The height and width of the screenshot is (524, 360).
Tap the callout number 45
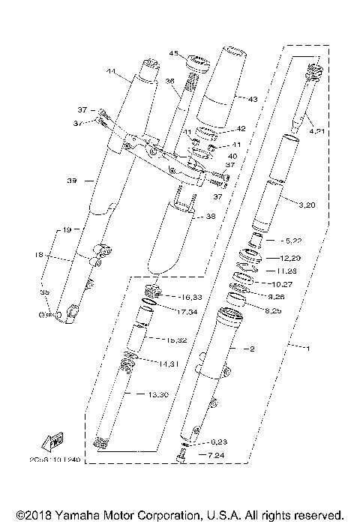[x=172, y=53]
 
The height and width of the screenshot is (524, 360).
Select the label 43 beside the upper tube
[x=251, y=100]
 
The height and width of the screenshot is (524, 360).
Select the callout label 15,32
[x=157, y=340]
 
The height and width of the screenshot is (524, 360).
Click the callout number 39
[x=71, y=181]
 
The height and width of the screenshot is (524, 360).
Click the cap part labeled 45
[x=197, y=61]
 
